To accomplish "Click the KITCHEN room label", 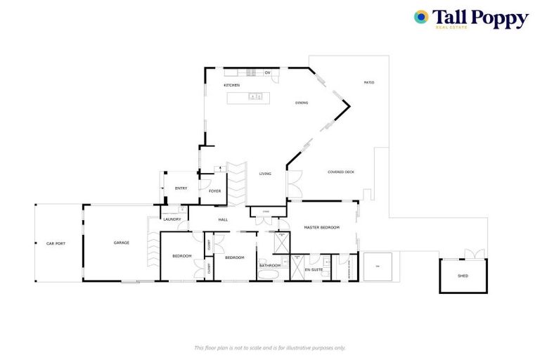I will (232, 85).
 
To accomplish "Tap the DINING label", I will (301, 103).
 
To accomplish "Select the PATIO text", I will (368, 83).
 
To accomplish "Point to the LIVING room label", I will (265, 174).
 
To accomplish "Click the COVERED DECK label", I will (341, 172).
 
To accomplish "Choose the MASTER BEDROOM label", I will (321, 228).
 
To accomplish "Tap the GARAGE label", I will (122, 243).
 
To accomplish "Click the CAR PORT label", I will (56, 243).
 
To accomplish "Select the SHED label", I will (463, 276).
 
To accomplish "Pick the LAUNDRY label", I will (172, 219).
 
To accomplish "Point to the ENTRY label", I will (181, 188).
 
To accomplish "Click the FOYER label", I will (214, 191).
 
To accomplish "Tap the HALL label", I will (223, 220).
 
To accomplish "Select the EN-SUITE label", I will (313, 269).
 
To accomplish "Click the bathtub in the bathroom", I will (270, 274).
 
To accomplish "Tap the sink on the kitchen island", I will (255, 96).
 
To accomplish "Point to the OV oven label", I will (267, 72).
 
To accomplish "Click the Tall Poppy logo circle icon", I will (421, 18).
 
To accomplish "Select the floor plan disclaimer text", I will (269, 347).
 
